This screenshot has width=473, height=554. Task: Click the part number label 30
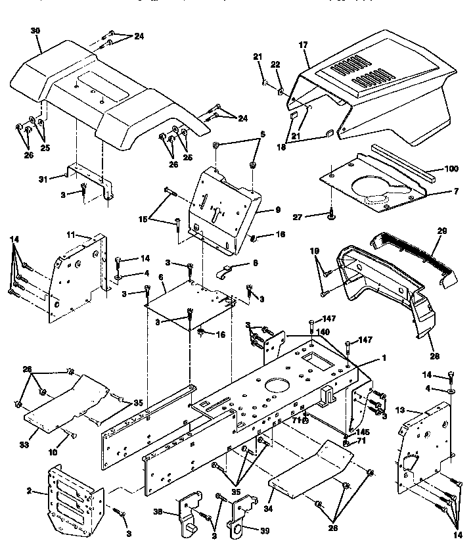click(x=35, y=30)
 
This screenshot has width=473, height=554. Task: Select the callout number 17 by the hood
click(x=303, y=46)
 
